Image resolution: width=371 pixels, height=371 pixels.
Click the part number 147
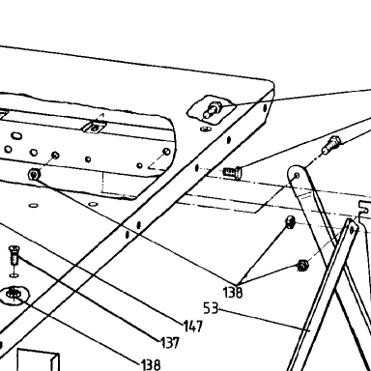(x=193, y=326)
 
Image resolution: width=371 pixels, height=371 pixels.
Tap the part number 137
(x=170, y=343)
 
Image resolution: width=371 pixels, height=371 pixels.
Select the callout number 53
(x=211, y=308)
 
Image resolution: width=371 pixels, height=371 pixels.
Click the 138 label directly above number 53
(x=233, y=293)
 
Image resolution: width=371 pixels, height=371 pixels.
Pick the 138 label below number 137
(x=151, y=364)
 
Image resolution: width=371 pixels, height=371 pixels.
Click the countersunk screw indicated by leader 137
(x=14, y=255)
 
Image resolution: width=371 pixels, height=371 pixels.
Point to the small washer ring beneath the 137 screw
(x=14, y=275)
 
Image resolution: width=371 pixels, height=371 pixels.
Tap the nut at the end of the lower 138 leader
(x=14, y=294)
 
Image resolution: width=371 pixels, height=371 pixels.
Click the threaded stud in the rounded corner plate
(x=213, y=109)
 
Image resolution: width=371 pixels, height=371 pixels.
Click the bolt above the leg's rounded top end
(x=330, y=145)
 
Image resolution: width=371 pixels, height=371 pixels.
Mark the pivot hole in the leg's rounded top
(x=297, y=176)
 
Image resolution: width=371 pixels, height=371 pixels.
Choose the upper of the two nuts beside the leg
(x=291, y=221)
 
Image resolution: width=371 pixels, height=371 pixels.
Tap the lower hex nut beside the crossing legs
(x=302, y=265)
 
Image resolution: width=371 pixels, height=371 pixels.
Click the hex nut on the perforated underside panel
(x=34, y=175)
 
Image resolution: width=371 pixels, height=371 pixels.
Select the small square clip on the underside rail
(x=95, y=128)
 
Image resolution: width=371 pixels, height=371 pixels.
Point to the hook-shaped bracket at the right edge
(x=365, y=211)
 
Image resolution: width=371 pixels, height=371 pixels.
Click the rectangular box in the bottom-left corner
(x=39, y=359)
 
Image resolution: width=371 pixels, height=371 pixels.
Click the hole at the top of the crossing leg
(x=353, y=230)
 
